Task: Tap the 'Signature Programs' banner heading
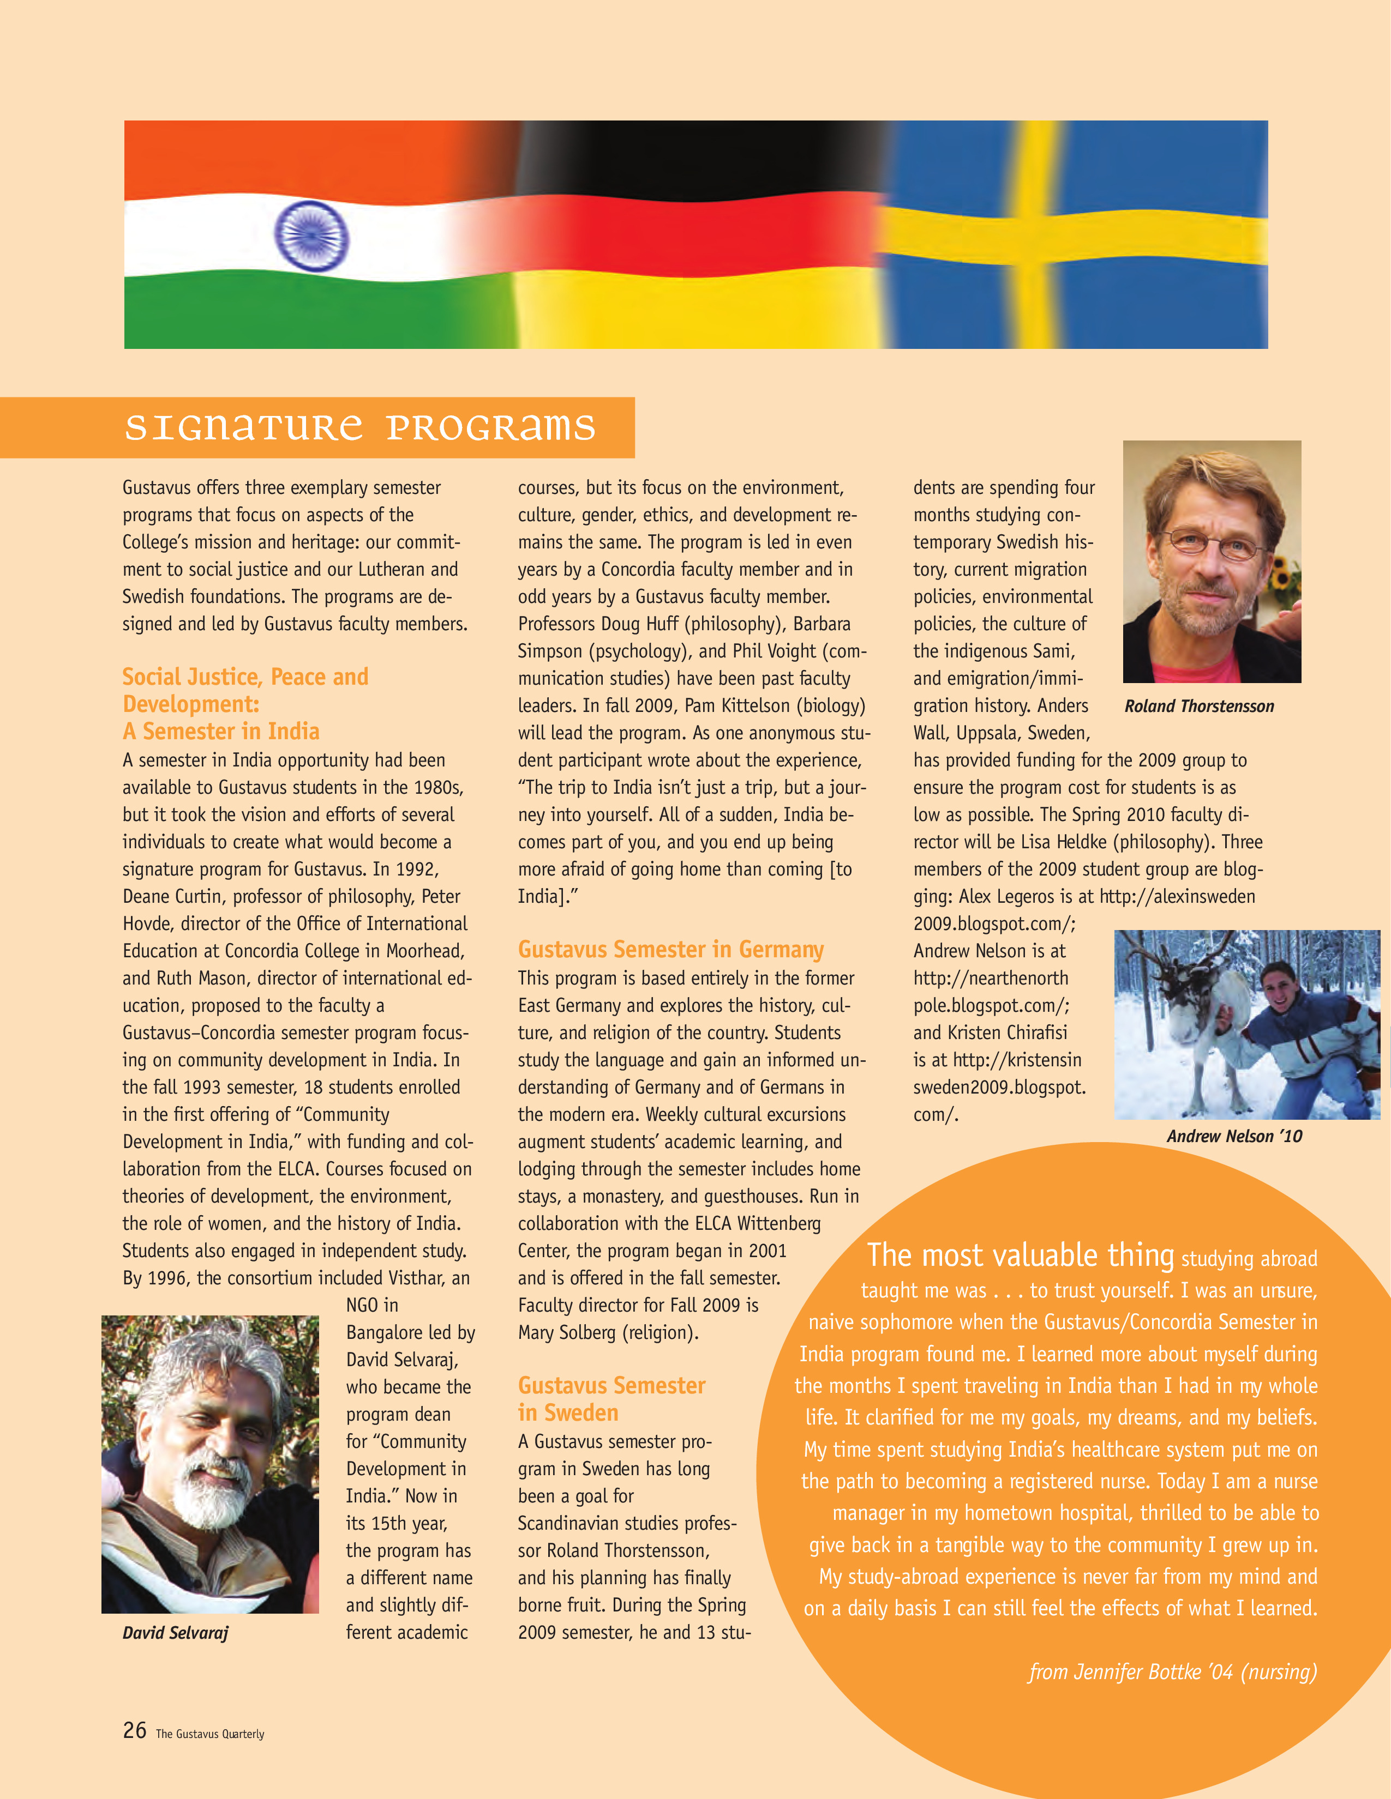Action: point(359,427)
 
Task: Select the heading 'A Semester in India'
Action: point(221,732)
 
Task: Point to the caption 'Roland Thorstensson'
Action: point(1198,706)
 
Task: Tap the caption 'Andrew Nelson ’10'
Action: point(1233,1136)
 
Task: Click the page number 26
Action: point(134,1730)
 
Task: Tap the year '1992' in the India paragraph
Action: point(416,869)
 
